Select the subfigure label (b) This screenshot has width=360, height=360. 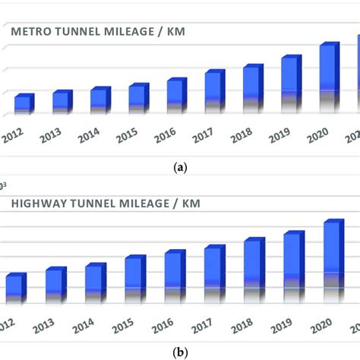180,352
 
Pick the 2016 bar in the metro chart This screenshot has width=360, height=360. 175,96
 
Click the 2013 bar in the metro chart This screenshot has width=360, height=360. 62,103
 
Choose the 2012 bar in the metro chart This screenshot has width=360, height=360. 24,105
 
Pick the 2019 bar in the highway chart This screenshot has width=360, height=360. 293,262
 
